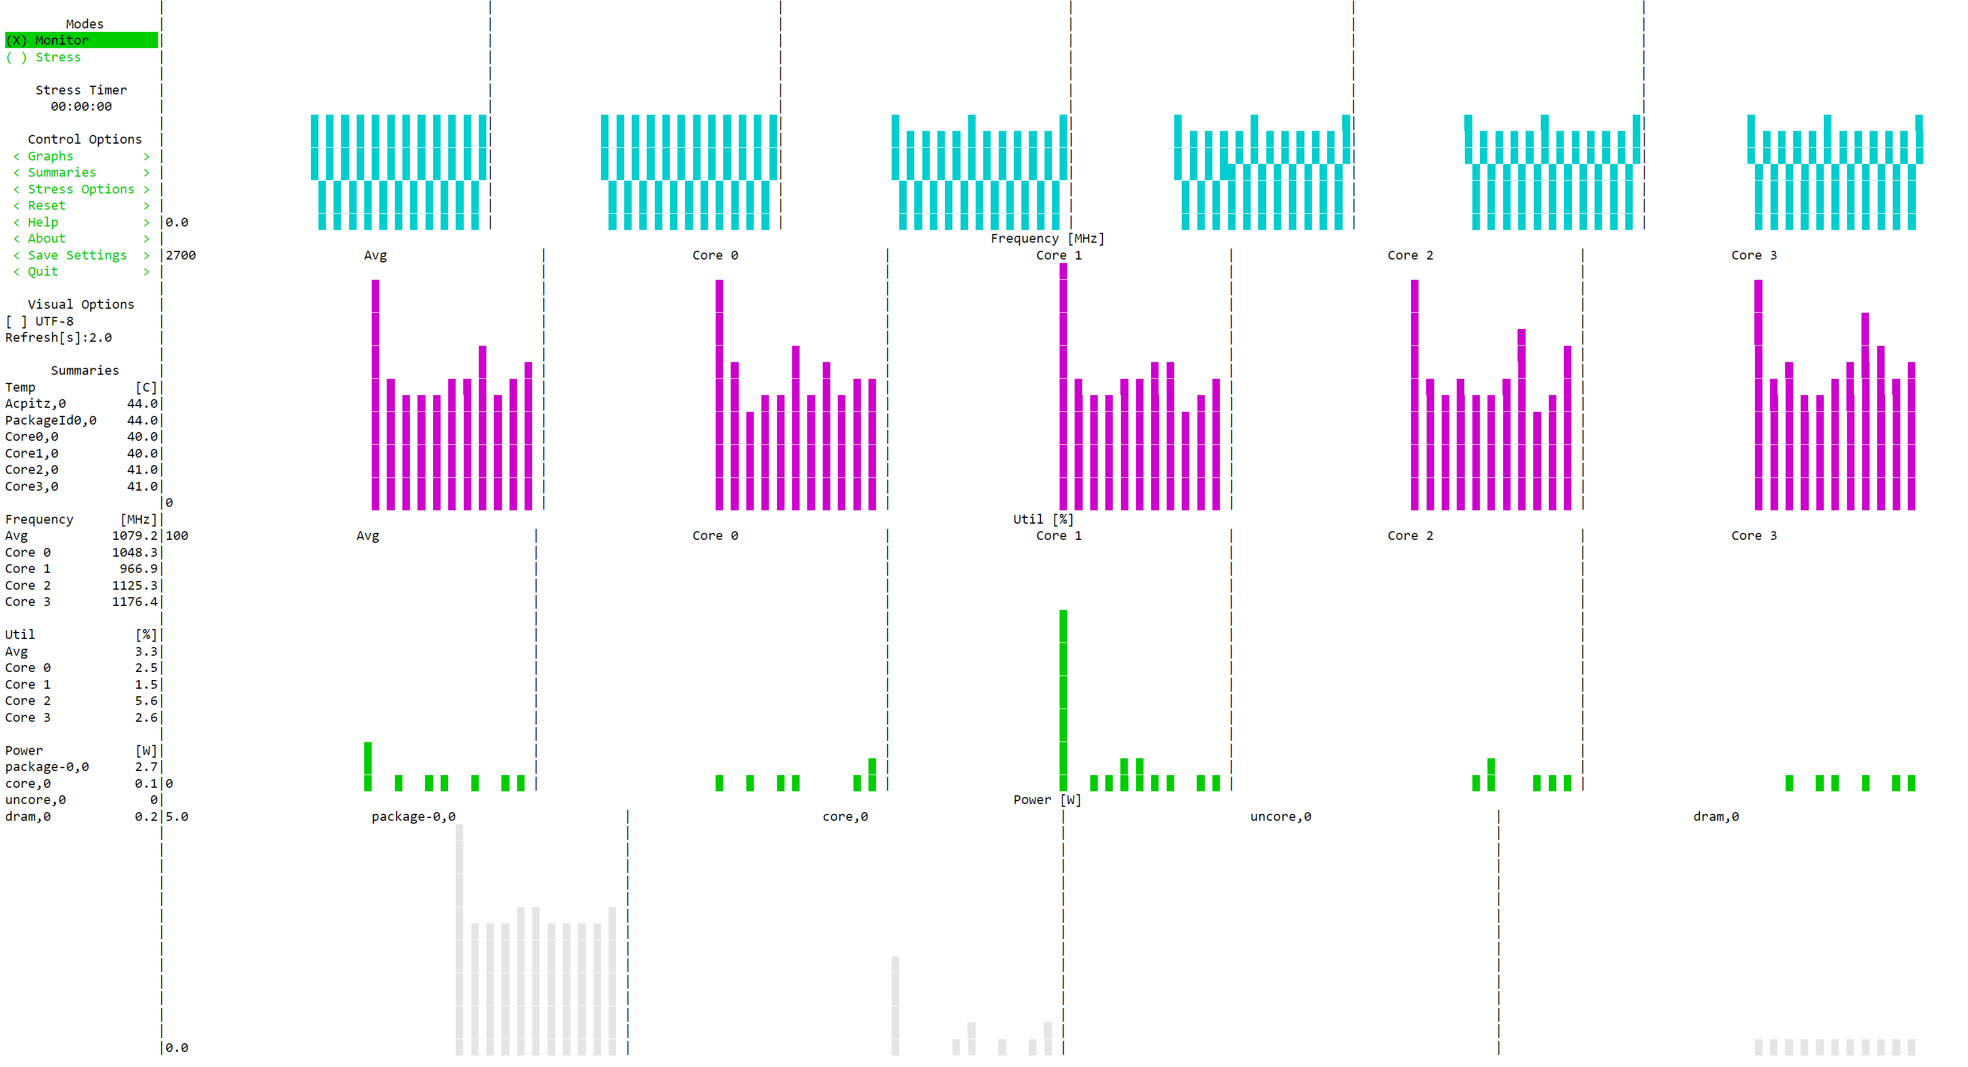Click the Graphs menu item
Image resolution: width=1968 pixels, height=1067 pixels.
pos(50,156)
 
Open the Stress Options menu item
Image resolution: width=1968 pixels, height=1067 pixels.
pos(80,189)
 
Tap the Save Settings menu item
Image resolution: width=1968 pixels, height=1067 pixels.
pos(76,255)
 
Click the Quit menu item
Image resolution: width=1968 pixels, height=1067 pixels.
pos(43,271)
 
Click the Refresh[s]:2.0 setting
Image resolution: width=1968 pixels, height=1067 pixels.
pos(58,338)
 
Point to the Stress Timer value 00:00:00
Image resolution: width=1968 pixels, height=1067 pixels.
pos(81,106)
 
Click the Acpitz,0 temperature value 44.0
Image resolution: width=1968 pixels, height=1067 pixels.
pos(142,404)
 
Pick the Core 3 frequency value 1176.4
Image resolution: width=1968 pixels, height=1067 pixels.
pos(134,601)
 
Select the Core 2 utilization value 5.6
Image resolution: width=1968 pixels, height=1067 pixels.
pos(146,701)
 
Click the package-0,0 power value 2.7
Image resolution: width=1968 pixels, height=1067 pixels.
pos(146,766)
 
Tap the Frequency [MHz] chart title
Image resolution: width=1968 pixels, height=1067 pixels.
pos(1047,239)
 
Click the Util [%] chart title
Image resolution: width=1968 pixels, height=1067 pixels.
pos(1043,519)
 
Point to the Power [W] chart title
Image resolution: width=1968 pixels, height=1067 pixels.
pos(1047,799)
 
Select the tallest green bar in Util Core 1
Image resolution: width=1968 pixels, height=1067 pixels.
pos(1062,699)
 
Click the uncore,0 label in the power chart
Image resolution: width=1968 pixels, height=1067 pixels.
pos(1280,816)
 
